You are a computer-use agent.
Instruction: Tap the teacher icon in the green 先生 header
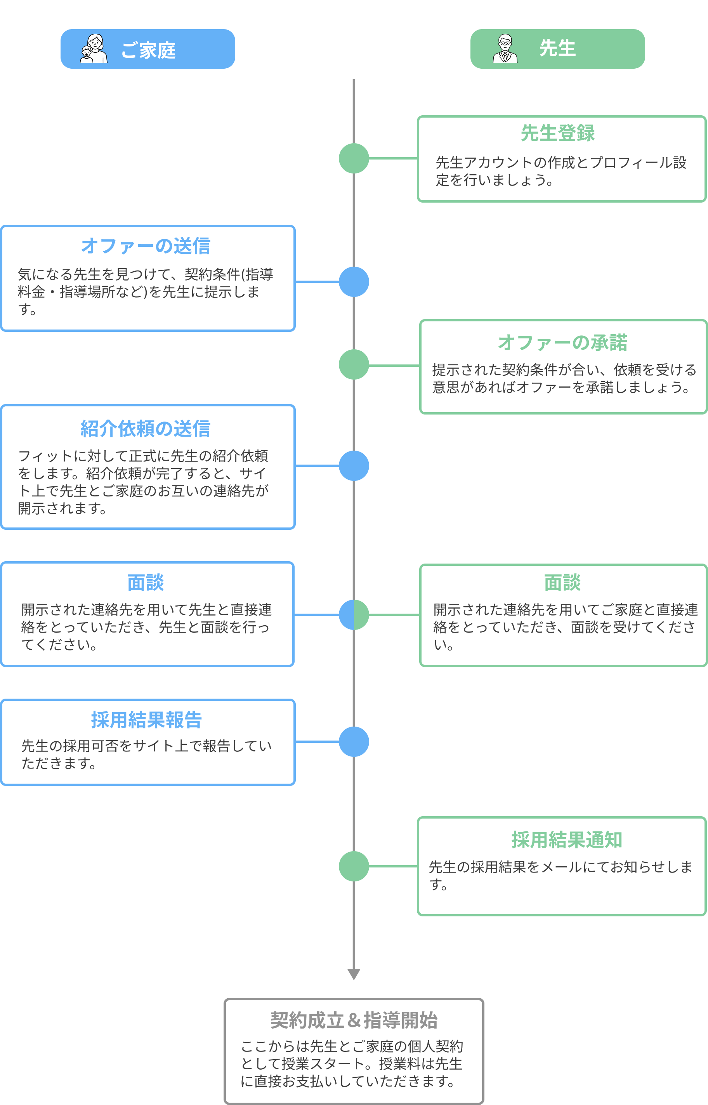point(505,49)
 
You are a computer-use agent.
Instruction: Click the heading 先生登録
point(558,133)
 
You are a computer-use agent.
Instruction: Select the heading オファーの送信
point(146,246)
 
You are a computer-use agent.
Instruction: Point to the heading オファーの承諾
point(563,342)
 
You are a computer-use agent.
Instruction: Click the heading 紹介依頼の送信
point(146,428)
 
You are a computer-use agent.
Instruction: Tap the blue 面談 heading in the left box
point(146,582)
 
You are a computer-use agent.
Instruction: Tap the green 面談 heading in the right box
point(562,582)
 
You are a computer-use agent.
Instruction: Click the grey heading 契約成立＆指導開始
point(354,1020)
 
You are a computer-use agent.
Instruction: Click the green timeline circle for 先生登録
point(354,158)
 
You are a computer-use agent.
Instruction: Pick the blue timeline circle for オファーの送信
point(354,282)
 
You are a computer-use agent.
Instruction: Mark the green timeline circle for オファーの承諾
point(354,364)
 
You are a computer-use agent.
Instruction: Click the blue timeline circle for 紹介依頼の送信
point(354,466)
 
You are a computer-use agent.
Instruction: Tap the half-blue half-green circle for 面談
point(354,614)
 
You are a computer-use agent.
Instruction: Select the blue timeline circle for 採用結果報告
point(354,741)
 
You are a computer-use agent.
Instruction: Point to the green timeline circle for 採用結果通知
point(354,866)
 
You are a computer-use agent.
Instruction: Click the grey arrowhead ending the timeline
point(354,974)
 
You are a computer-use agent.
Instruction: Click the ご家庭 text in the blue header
point(148,50)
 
